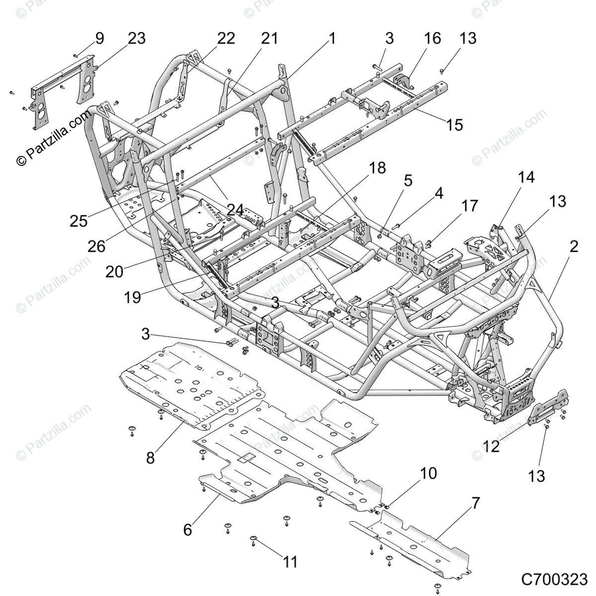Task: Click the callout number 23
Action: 137,39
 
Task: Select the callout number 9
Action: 99,39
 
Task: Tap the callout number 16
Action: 433,39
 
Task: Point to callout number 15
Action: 454,124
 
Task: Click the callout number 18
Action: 377,168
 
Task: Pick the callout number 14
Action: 526,177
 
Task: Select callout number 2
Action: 574,246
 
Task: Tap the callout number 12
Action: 491,446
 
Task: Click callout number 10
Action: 428,473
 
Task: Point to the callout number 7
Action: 476,503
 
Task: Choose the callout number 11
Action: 290,562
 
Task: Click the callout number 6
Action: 187,530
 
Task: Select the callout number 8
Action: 150,457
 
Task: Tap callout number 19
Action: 133,297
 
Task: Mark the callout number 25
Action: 78,221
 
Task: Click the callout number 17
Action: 469,206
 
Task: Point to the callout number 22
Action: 226,39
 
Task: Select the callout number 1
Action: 331,39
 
